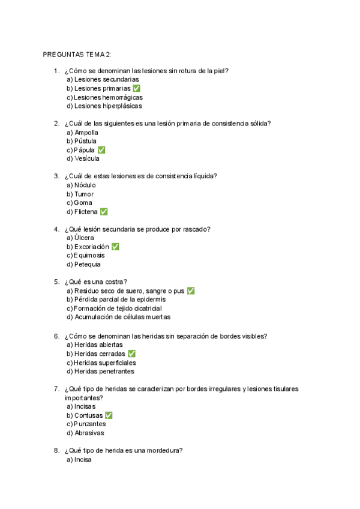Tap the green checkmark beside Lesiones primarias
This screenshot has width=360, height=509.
(x=137, y=88)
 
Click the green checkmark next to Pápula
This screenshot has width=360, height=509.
(x=101, y=150)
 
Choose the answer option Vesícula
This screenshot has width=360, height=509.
(x=83, y=159)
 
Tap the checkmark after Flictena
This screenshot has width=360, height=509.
(x=104, y=212)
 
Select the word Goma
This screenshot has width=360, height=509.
(x=83, y=203)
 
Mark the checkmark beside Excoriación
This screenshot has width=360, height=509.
(x=115, y=247)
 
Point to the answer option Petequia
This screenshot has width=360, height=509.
(x=84, y=264)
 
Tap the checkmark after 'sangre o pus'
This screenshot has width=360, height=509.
(x=191, y=291)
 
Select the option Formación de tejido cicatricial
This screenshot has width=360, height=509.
(x=114, y=309)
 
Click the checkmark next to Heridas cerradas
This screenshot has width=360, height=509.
(x=131, y=354)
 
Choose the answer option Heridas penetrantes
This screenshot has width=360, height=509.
(x=101, y=372)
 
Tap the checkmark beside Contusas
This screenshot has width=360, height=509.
(x=109, y=415)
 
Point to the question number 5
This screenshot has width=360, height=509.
(x=56, y=282)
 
